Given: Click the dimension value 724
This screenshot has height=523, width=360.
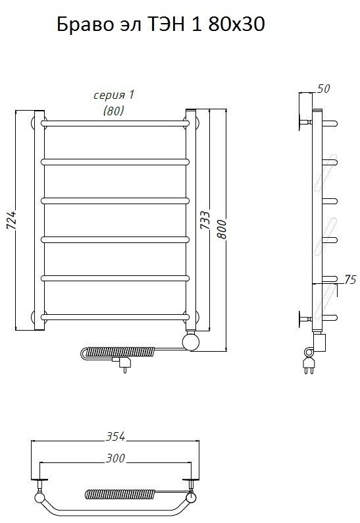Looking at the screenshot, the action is coord(11,220).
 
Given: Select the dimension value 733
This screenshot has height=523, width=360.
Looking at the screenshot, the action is coord(205,220).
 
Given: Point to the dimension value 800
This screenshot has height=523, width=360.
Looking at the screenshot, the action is coord(222,229).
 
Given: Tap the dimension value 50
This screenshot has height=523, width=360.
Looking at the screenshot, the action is coord(323,89).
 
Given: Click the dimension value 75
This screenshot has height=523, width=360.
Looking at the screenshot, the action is coord(350,279).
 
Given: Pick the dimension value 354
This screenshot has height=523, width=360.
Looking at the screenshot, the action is coord(115,436).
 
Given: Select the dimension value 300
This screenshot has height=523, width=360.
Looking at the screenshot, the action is coord(115,458).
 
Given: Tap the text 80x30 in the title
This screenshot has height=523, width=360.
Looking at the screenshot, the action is coord(237,24).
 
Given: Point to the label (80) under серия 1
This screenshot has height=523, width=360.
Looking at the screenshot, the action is coord(114,111).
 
